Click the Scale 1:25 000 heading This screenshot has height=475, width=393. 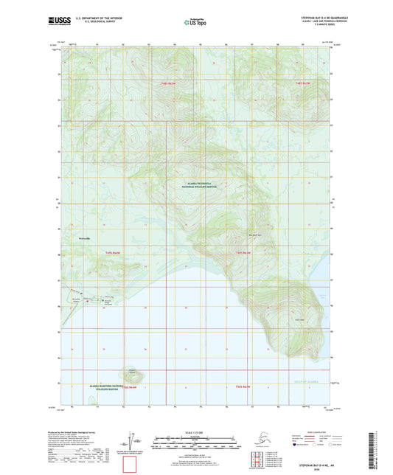tap(195, 431)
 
